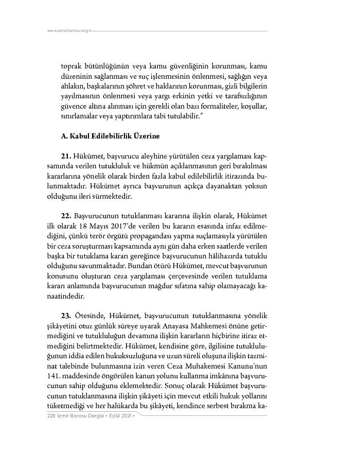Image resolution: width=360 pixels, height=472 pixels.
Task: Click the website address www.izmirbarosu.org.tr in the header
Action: point(69,31)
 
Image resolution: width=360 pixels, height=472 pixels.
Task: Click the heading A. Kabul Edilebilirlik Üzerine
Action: point(110,136)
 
